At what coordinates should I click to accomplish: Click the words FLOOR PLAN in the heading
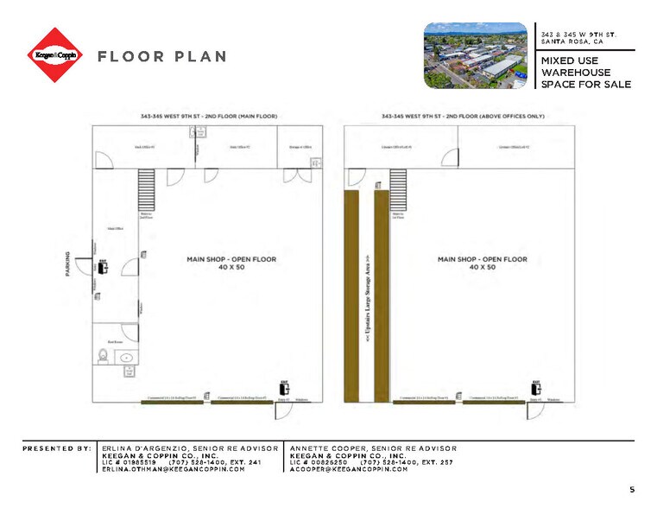coord(162,57)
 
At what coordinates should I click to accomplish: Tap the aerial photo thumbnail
coord(476,54)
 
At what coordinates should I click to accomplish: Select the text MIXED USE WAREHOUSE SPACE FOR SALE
coord(585,73)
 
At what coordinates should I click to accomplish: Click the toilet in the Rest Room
coord(103,355)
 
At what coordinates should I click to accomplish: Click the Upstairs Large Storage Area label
coord(367,294)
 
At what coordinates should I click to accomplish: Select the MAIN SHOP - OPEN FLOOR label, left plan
coord(230,263)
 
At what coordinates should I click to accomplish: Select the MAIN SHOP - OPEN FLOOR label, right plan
coord(481,263)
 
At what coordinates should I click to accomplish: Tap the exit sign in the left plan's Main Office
coord(103,264)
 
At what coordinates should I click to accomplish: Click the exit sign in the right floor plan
coord(536,387)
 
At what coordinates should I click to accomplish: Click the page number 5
coord(632,490)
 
